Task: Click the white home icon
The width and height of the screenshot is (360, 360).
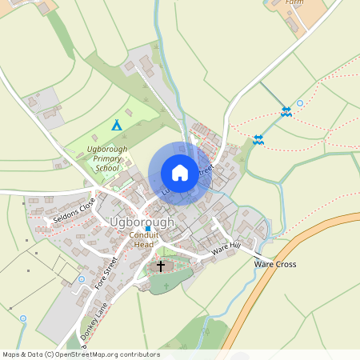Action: (x=180, y=172)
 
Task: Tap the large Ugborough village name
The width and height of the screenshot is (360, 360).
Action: (x=142, y=221)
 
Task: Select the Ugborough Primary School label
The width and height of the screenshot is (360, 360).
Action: (x=94, y=158)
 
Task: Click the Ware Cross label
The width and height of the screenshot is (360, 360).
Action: (x=274, y=264)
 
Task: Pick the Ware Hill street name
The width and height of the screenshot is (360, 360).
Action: (x=226, y=250)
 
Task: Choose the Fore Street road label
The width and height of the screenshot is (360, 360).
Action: (x=106, y=272)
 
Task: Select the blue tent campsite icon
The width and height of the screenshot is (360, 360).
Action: (x=117, y=125)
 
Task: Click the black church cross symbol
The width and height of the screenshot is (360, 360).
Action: (x=161, y=266)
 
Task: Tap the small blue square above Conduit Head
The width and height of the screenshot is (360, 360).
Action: (x=148, y=229)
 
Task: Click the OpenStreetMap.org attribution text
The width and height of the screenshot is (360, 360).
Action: (x=101, y=354)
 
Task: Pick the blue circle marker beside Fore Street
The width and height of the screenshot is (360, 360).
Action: (x=82, y=279)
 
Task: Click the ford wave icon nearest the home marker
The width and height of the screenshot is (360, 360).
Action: (x=258, y=140)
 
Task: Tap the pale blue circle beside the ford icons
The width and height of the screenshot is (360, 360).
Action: (x=300, y=103)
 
